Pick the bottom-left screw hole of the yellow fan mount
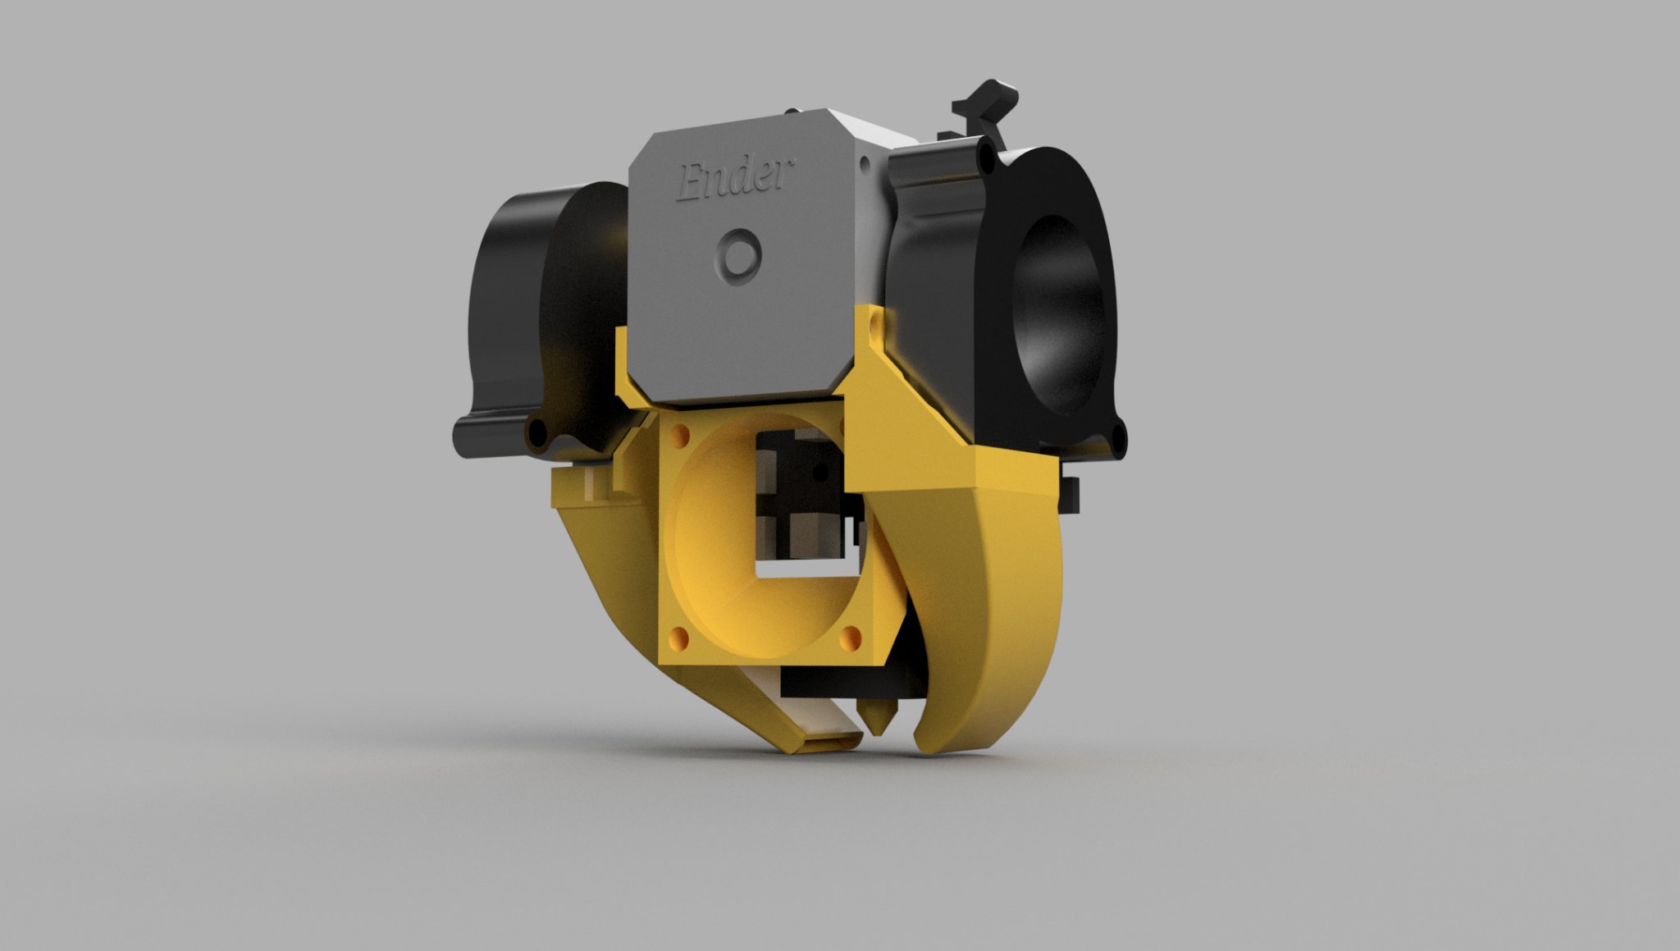680,636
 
